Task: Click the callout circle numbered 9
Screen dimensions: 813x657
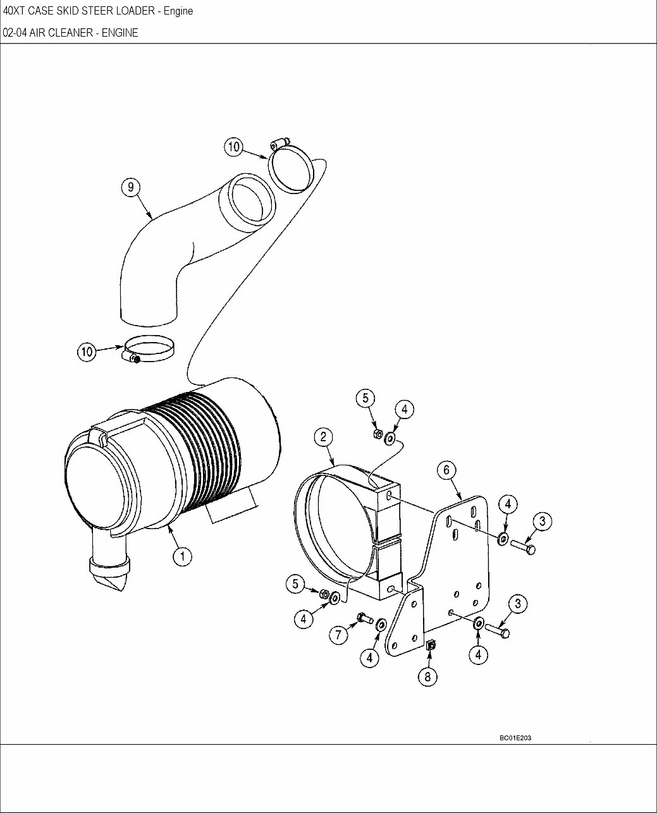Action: point(130,187)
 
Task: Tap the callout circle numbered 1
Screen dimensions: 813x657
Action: point(182,556)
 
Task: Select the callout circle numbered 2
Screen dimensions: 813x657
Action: point(323,437)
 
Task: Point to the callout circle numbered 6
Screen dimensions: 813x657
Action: point(446,470)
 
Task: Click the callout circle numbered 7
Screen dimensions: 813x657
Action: point(339,634)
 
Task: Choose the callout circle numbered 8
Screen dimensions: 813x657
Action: point(427,676)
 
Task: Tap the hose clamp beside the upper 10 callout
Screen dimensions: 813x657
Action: point(292,166)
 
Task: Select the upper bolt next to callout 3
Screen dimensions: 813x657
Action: point(523,546)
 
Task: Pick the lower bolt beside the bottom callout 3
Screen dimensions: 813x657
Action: point(498,630)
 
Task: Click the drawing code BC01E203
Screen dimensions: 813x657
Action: point(515,738)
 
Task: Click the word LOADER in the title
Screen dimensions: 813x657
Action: point(130,11)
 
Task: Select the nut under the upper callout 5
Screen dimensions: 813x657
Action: point(377,434)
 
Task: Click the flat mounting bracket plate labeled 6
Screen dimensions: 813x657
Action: point(462,569)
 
